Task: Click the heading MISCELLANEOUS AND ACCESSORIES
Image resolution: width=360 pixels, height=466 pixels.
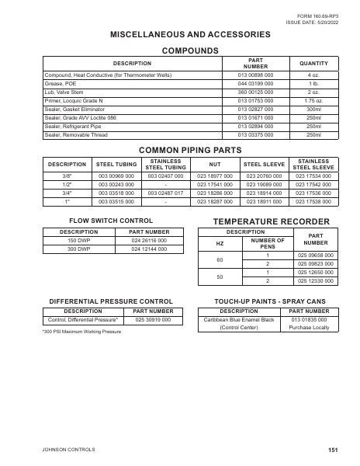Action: point(190,34)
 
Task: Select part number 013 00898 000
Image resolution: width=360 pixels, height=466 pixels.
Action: point(257,75)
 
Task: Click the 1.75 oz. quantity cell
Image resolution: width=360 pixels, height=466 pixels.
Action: point(314,100)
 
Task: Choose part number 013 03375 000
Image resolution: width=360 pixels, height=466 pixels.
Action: point(257,134)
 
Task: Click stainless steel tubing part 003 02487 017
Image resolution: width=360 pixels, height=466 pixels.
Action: point(165,193)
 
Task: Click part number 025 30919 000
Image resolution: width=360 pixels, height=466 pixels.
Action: point(153,319)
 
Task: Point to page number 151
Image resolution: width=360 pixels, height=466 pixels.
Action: point(332,450)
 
